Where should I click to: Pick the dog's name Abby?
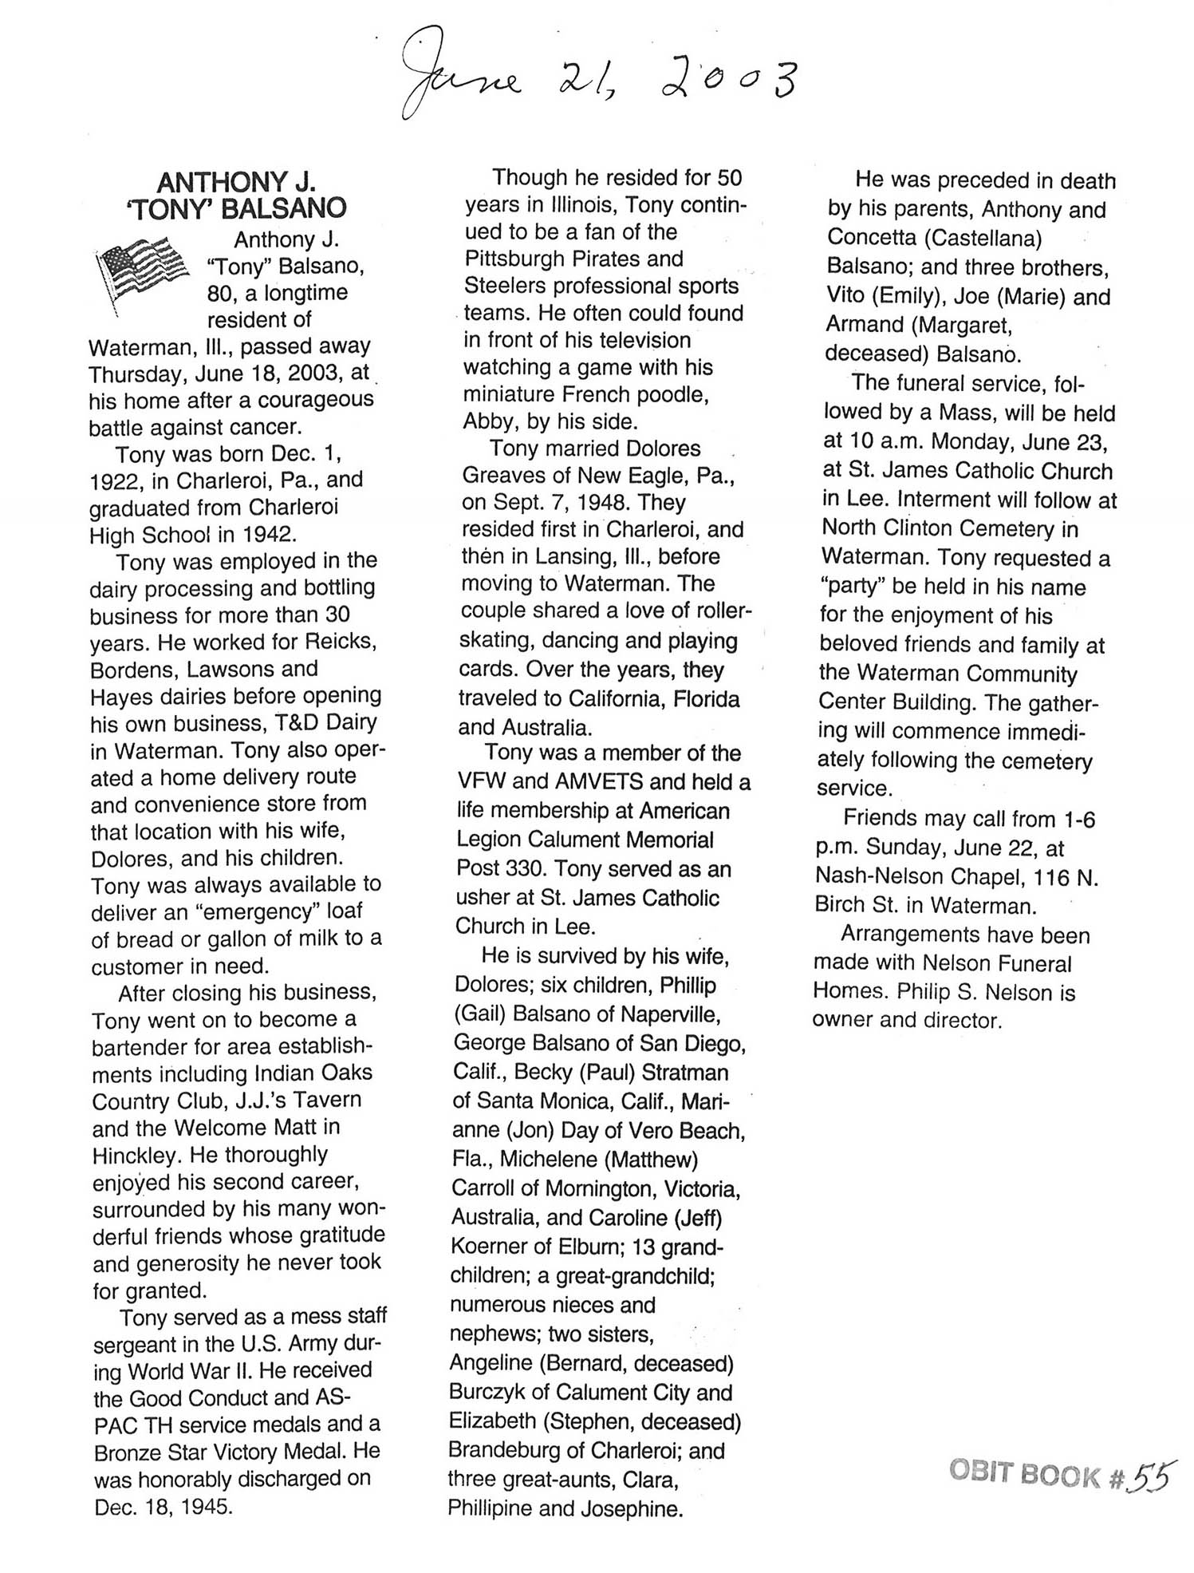point(488,421)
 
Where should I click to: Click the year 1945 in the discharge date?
point(206,1507)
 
